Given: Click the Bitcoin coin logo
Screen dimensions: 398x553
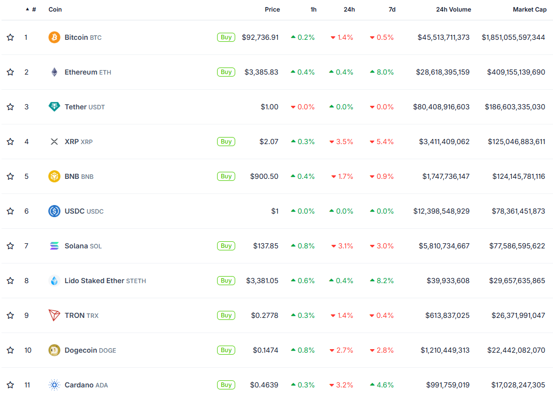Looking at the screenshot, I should click(x=54, y=37).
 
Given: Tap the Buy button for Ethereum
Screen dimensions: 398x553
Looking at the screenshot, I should click(x=226, y=72).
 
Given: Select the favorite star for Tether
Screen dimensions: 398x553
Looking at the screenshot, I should click(x=10, y=107).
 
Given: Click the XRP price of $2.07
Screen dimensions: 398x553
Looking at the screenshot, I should click(x=268, y=142).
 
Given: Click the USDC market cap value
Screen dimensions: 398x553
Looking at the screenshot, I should click(x=518, y=211).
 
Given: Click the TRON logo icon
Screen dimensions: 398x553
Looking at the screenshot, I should click(x=54, y=315).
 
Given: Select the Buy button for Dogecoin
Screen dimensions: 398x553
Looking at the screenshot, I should click(x=226, y=350).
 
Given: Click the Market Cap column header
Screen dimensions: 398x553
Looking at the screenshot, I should click(x=529, y=10).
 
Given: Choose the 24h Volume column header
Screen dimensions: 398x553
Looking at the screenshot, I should click(x=453, y=10).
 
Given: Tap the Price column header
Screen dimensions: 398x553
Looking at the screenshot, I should click(x=272, y=10).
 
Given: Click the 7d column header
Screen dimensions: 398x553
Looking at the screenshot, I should click(x=392, y=10).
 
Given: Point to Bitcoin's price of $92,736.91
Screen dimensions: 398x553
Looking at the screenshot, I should click(x=260, y=37).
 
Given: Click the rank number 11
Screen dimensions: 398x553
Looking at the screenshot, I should click(x=27, y=385).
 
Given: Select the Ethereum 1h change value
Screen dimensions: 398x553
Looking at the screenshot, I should click(x=303, y=72).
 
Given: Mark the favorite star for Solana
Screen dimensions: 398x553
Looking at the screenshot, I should click(x=10, y=246).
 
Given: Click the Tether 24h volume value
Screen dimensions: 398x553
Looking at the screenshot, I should click(x=441, y=107).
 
